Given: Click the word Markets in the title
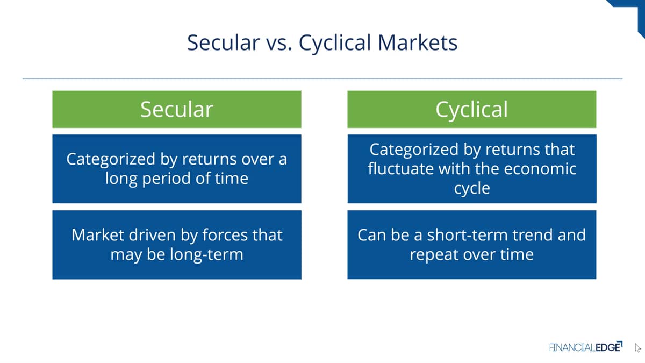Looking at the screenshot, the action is (418, 42).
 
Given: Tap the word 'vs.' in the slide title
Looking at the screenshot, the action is (279, 43).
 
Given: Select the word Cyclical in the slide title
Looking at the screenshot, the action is (335, 43).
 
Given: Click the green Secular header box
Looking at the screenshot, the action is (177, 109).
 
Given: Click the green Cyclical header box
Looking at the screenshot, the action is (472, 109).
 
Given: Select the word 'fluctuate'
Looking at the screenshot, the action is (400, 168).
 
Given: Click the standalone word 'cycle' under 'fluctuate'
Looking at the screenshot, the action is (472, 189).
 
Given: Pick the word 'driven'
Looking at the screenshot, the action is (152, 235).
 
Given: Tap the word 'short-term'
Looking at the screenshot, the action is (467, 235).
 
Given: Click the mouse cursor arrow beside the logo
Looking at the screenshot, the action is (637, 348).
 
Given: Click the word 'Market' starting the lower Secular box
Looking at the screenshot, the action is (98, 235).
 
